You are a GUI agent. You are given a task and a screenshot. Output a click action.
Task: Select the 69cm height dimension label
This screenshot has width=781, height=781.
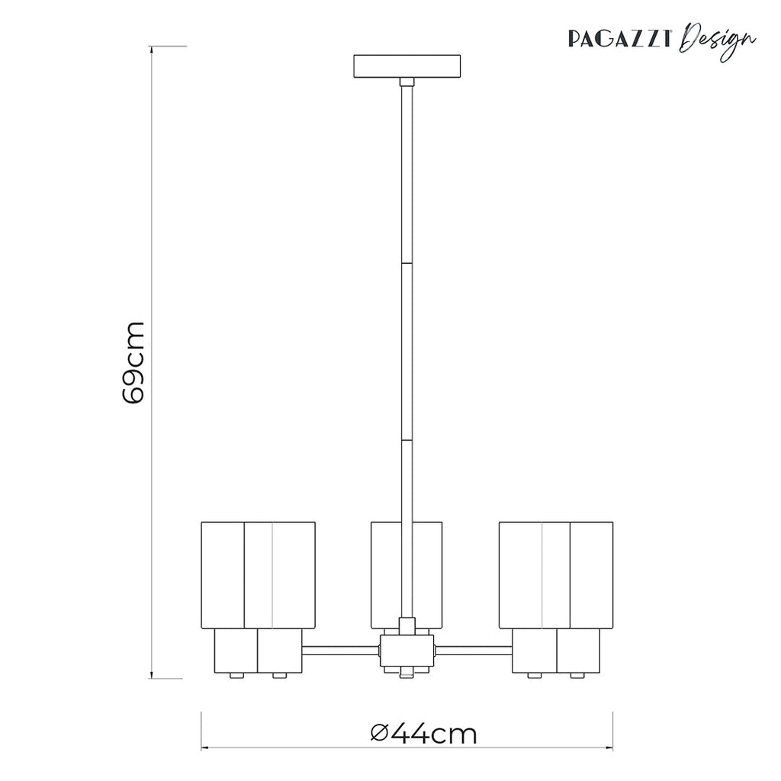[133, 362]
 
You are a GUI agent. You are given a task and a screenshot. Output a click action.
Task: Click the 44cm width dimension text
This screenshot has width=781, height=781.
[435, 734]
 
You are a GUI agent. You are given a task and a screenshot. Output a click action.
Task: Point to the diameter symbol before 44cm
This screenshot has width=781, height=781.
[381, 734]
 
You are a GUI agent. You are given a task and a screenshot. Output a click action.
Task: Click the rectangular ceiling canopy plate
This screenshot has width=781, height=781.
[407, 66]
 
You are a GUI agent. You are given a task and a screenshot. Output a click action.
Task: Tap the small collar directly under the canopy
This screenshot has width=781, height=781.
[407, 82]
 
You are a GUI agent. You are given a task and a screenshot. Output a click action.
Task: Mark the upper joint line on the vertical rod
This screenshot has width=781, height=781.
[407, 264]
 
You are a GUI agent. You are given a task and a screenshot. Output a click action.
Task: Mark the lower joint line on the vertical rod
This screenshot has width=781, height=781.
[407, 440]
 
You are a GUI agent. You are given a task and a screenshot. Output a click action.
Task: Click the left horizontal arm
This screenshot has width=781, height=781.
[340, 651]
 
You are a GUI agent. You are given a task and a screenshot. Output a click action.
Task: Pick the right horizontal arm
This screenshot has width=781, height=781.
[473, 651]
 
